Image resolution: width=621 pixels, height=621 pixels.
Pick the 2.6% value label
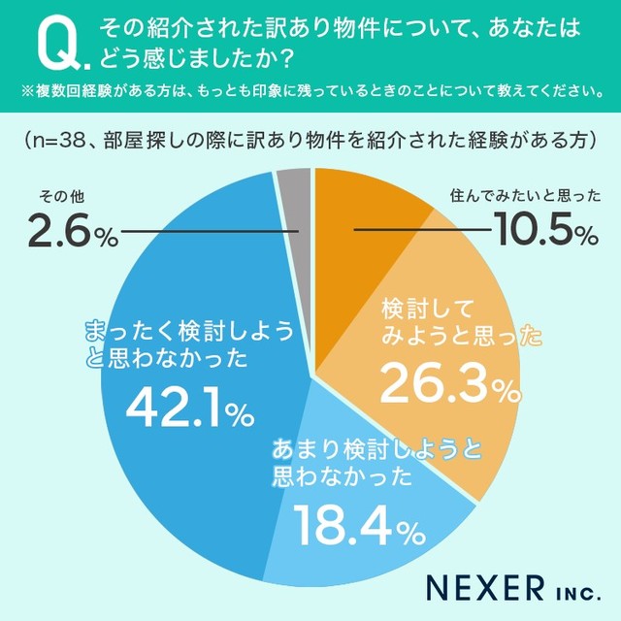click(71, 233)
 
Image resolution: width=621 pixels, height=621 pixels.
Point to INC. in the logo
click(572, 589)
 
